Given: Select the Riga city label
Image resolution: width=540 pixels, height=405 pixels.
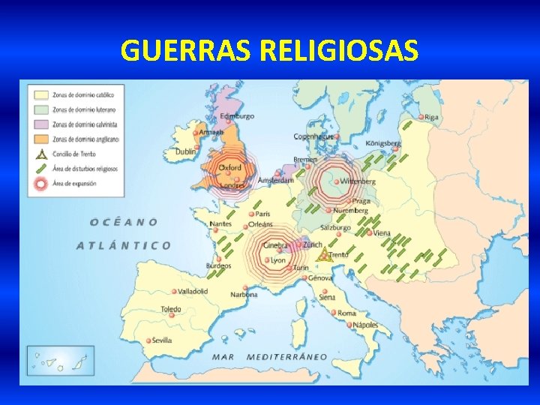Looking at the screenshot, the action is pyautogui.click(x=432, y=117).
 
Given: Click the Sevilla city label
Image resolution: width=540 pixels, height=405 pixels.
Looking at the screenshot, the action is pyautogui.click(x=162, y=340).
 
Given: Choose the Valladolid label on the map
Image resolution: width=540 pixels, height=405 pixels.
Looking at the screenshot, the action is pyautogui.click(x=193, y=291).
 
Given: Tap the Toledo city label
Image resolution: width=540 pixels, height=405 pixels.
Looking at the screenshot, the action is pyautogui.click(x=171, y=309).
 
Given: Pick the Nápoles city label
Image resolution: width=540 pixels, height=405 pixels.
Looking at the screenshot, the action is pyautogui.click(x=366, y=325).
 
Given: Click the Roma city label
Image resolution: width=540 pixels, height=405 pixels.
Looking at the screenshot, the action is pyautogui.click(x=347, y=313).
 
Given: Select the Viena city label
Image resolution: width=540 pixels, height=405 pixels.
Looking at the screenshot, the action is pyautogui.click(x=382, y=233).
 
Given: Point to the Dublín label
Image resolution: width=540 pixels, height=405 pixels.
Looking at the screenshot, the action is pyautogui.click(x=185, y=151).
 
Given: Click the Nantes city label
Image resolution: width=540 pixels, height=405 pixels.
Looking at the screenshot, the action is pyautogui.click(x=220, y=223).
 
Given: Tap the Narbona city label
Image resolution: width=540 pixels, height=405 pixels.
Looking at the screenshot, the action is pyautogui.click(x=244, y=295).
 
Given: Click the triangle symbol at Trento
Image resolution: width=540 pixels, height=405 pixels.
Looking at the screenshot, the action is pyautogui.click(x=323, y=256).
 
